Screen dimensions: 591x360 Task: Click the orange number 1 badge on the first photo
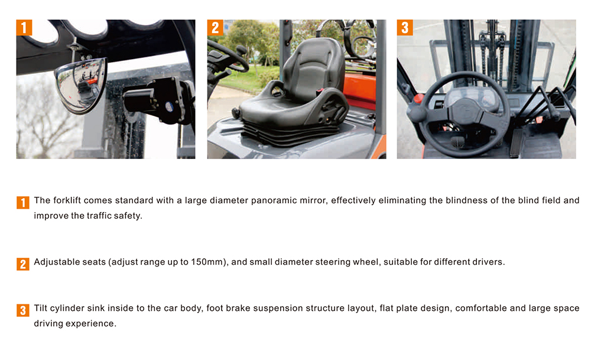tap(24, 28)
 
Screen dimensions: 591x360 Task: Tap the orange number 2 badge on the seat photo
tap(215, 28)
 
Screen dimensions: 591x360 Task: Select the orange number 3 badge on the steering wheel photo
tap(405, 28)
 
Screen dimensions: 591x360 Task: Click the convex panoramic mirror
tap(80, 85)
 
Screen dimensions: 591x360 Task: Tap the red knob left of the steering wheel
tap(418, 99)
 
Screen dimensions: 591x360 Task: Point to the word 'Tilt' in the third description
tap(41, 308)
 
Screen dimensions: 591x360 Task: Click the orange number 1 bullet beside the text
tap(23, 202)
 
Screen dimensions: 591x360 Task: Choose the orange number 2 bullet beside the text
tap(23, 264)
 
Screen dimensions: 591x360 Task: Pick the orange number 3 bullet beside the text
tap(23, 310)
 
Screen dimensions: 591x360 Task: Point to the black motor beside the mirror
tap(158, 100)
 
